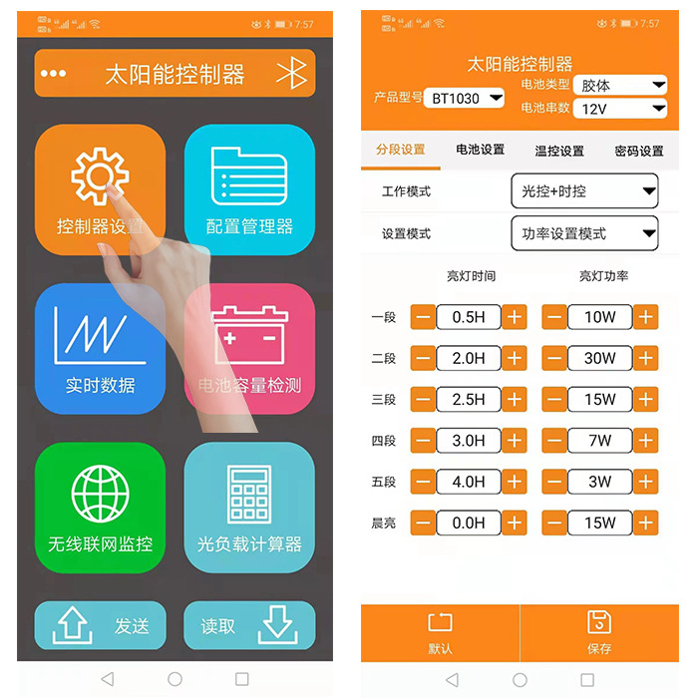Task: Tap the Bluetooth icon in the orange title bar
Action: click(x=290, y=74)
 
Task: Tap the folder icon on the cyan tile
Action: click(x=248, y=176)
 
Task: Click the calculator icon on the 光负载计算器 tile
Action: click(x=248, y=494)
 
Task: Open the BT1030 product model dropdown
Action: click(x=467, y=98)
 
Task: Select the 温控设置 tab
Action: click(x=559, y=151)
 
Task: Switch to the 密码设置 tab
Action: click(x=639, y=151)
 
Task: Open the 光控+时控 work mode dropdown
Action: click(x=584, y=189)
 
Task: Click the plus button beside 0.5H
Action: click(x=515, y=317)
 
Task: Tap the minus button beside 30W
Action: click(x=554, y=358)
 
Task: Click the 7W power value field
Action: click(x=600, y=441)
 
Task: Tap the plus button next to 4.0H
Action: click(x=515, y=482)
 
